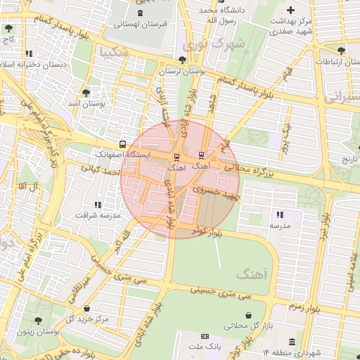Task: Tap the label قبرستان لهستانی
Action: [x=143, y=24]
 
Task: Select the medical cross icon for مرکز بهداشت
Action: [x=291, y=9]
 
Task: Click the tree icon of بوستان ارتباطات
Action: [x=341, y=51]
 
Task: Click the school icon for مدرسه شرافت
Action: [x=98, y=204]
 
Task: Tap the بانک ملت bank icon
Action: [x=205, y=337]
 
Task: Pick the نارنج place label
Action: [x=349, y=160]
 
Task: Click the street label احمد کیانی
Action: [x=98, y=169]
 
